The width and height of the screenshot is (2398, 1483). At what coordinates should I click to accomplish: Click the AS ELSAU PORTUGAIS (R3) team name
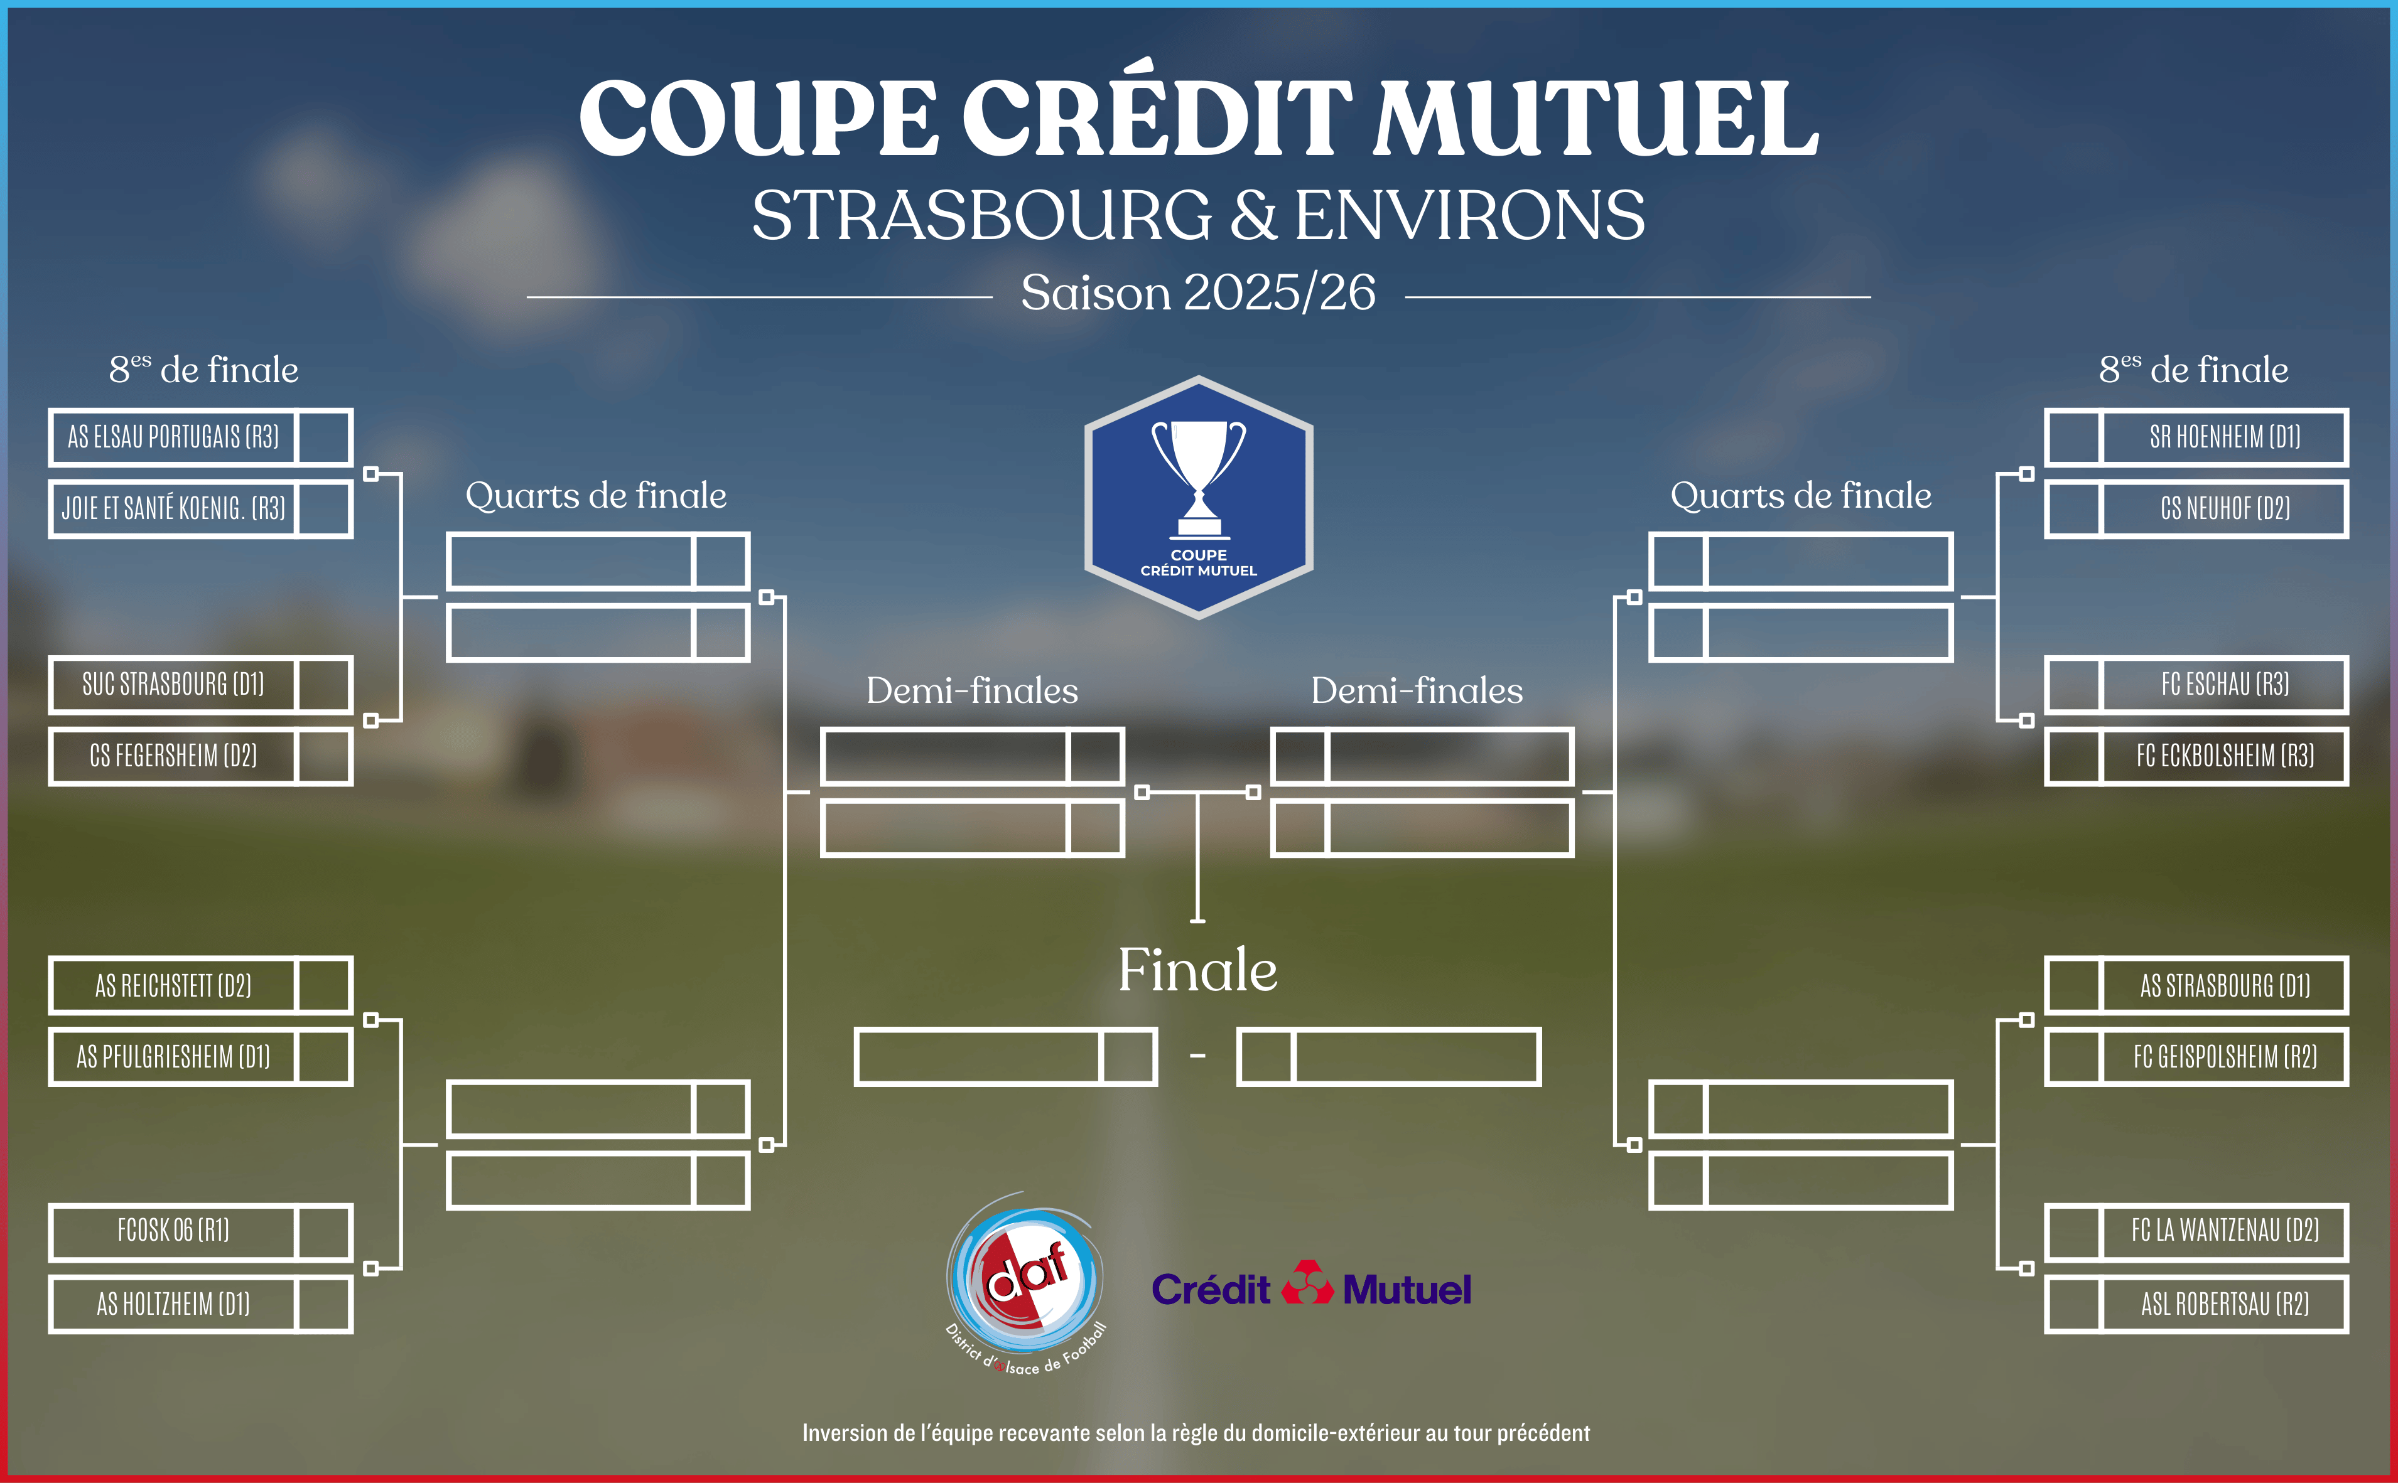tap(173, 436)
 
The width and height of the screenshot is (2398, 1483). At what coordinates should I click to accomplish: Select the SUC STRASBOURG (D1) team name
tap(173, 683)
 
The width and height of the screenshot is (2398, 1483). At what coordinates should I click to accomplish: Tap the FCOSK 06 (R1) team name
tap(173, 1230)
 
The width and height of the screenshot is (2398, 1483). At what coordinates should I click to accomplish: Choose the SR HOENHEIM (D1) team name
tap(2224, 436)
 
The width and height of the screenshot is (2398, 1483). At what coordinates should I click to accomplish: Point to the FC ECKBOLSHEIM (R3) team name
tap(2224, 755)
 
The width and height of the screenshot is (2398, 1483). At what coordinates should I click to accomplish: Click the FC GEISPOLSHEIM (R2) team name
tap(2224, 1056)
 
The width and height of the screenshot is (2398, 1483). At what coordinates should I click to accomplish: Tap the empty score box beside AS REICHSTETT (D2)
tap(324, 985)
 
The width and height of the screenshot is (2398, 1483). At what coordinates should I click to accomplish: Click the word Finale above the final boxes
tap(1198, 970)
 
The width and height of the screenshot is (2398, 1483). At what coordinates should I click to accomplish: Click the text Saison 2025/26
tap(1198, 292)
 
